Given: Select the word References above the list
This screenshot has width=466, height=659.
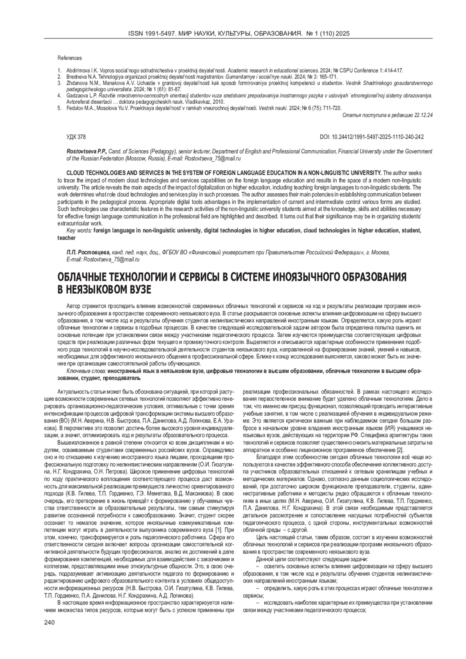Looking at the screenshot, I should (70, 58).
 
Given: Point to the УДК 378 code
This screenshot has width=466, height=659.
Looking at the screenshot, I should (76, 137).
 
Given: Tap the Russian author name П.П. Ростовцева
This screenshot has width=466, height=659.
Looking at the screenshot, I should (89, 252).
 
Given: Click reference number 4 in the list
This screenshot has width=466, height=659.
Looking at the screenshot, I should (59, 95).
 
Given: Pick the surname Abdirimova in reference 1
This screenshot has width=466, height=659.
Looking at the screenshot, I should (79, 71).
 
